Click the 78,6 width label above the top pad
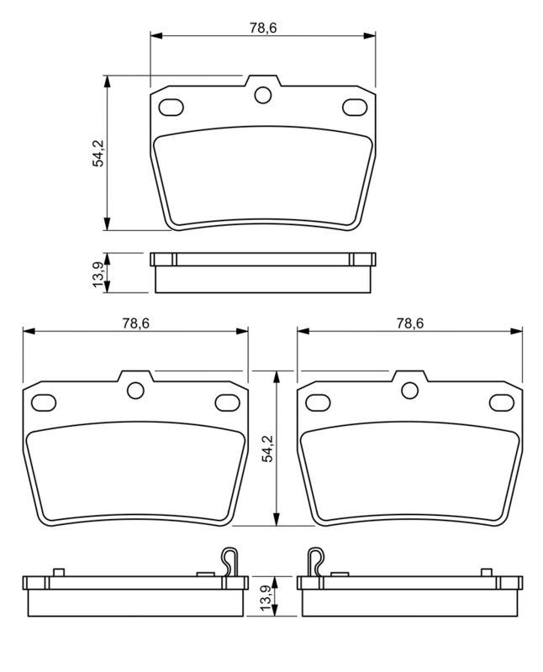(x=262, y=28)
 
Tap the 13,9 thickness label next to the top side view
(x=98, y=273)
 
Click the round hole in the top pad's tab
(x=262, y=95)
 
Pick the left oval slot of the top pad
(x=171, y=108)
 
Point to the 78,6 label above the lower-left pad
(x=135, y=323)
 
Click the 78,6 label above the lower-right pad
(x=409, y=323)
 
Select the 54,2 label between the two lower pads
(x=266, y=449)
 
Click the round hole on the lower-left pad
(x=135, y=390)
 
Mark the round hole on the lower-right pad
(x=409, y=390)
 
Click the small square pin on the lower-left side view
(x=58, y=572)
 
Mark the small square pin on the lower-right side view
(x=486, y=572)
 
